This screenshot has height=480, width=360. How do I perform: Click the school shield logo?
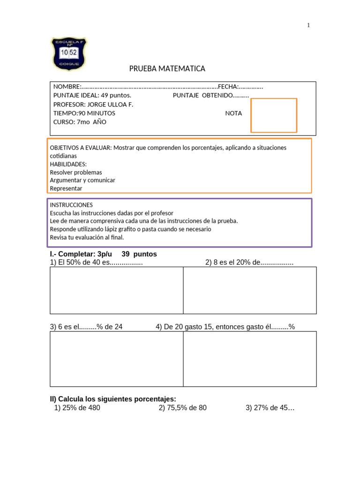tap(68, 54)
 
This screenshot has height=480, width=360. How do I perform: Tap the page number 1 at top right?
tap(308, 25)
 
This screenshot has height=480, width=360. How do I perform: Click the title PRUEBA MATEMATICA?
tap(167, 69)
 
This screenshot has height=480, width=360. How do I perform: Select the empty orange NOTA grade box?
tap(274, 115)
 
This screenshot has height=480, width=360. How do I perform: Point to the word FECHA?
tap(228, 87)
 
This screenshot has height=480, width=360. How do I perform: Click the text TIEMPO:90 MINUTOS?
tap(84, 113)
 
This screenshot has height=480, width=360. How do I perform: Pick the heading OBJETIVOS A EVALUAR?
tap(81, 148)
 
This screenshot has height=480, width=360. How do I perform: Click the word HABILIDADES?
tap(68, 164)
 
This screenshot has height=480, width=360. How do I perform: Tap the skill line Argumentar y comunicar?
tap(82, 180)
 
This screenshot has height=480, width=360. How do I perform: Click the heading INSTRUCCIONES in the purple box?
tap(71, 205)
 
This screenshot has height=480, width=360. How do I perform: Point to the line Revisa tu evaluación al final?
tap(87, 237)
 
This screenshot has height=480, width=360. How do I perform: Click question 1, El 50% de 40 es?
tap(96, 262)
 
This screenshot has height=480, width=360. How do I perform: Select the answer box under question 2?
tap(249, 290)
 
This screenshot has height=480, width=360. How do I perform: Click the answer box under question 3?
tap(116, 359)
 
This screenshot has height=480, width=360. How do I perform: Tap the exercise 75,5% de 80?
tap(182, 408)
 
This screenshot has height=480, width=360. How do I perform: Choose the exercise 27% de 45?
tap(270, 408)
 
